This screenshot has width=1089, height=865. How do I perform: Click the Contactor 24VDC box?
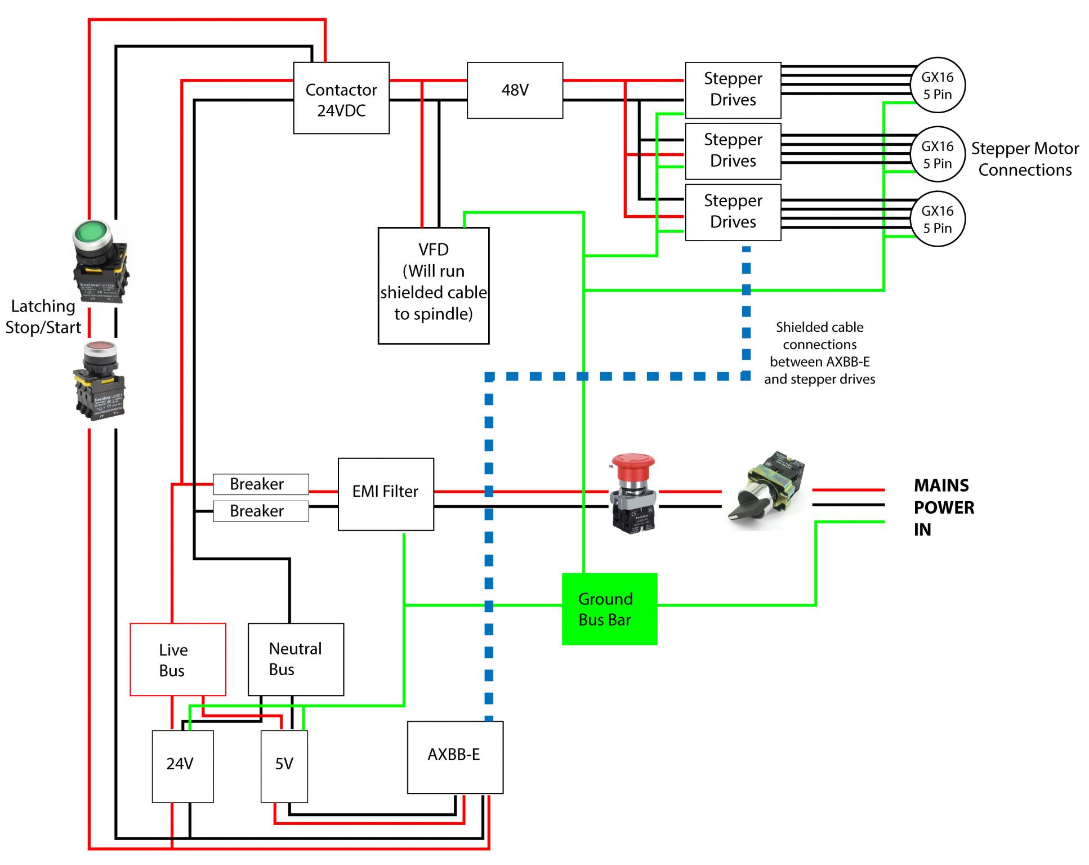pyautogui.click(x=341, y=98)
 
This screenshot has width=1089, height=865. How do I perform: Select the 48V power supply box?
pyautogui.click(x=515, y=90)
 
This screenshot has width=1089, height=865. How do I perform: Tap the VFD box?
pyautogui.click(x=433, y=285)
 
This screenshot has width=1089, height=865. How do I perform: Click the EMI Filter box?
pyautogui.click(x=386, y=494)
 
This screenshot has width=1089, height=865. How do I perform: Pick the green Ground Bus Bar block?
pyautogui.click(x=609, y=609)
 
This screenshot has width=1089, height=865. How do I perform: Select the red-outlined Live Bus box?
pyautogui.click(x=177, y=659)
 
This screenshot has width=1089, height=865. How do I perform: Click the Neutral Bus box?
pyautogui.click(x=296, y=659)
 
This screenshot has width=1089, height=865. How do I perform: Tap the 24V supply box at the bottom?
pyautogui.click(x=182, y=766)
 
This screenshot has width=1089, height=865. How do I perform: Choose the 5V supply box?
pyautogui.click(x=284, y=766)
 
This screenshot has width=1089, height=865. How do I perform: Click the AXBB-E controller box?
pyautogui.click(x=455, y=757)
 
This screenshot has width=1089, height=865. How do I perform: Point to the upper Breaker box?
pyautogui.click(x=261, y=484)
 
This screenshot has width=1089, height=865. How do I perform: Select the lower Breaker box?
pyautogui.click(x=261, y=511)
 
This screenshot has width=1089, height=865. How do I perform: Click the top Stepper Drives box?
pyautogui.click(x=733, y=90)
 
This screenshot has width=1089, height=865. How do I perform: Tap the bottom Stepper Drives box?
pyautogui.click(x=733, y=212)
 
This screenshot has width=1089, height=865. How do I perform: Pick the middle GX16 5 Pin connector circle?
pyautogui.click(x=938, y=154)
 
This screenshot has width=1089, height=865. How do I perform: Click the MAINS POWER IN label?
pyautogui.click(x=943, y=507)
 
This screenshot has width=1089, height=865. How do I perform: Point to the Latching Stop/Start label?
pyautogui.click(x=43, y=317)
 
